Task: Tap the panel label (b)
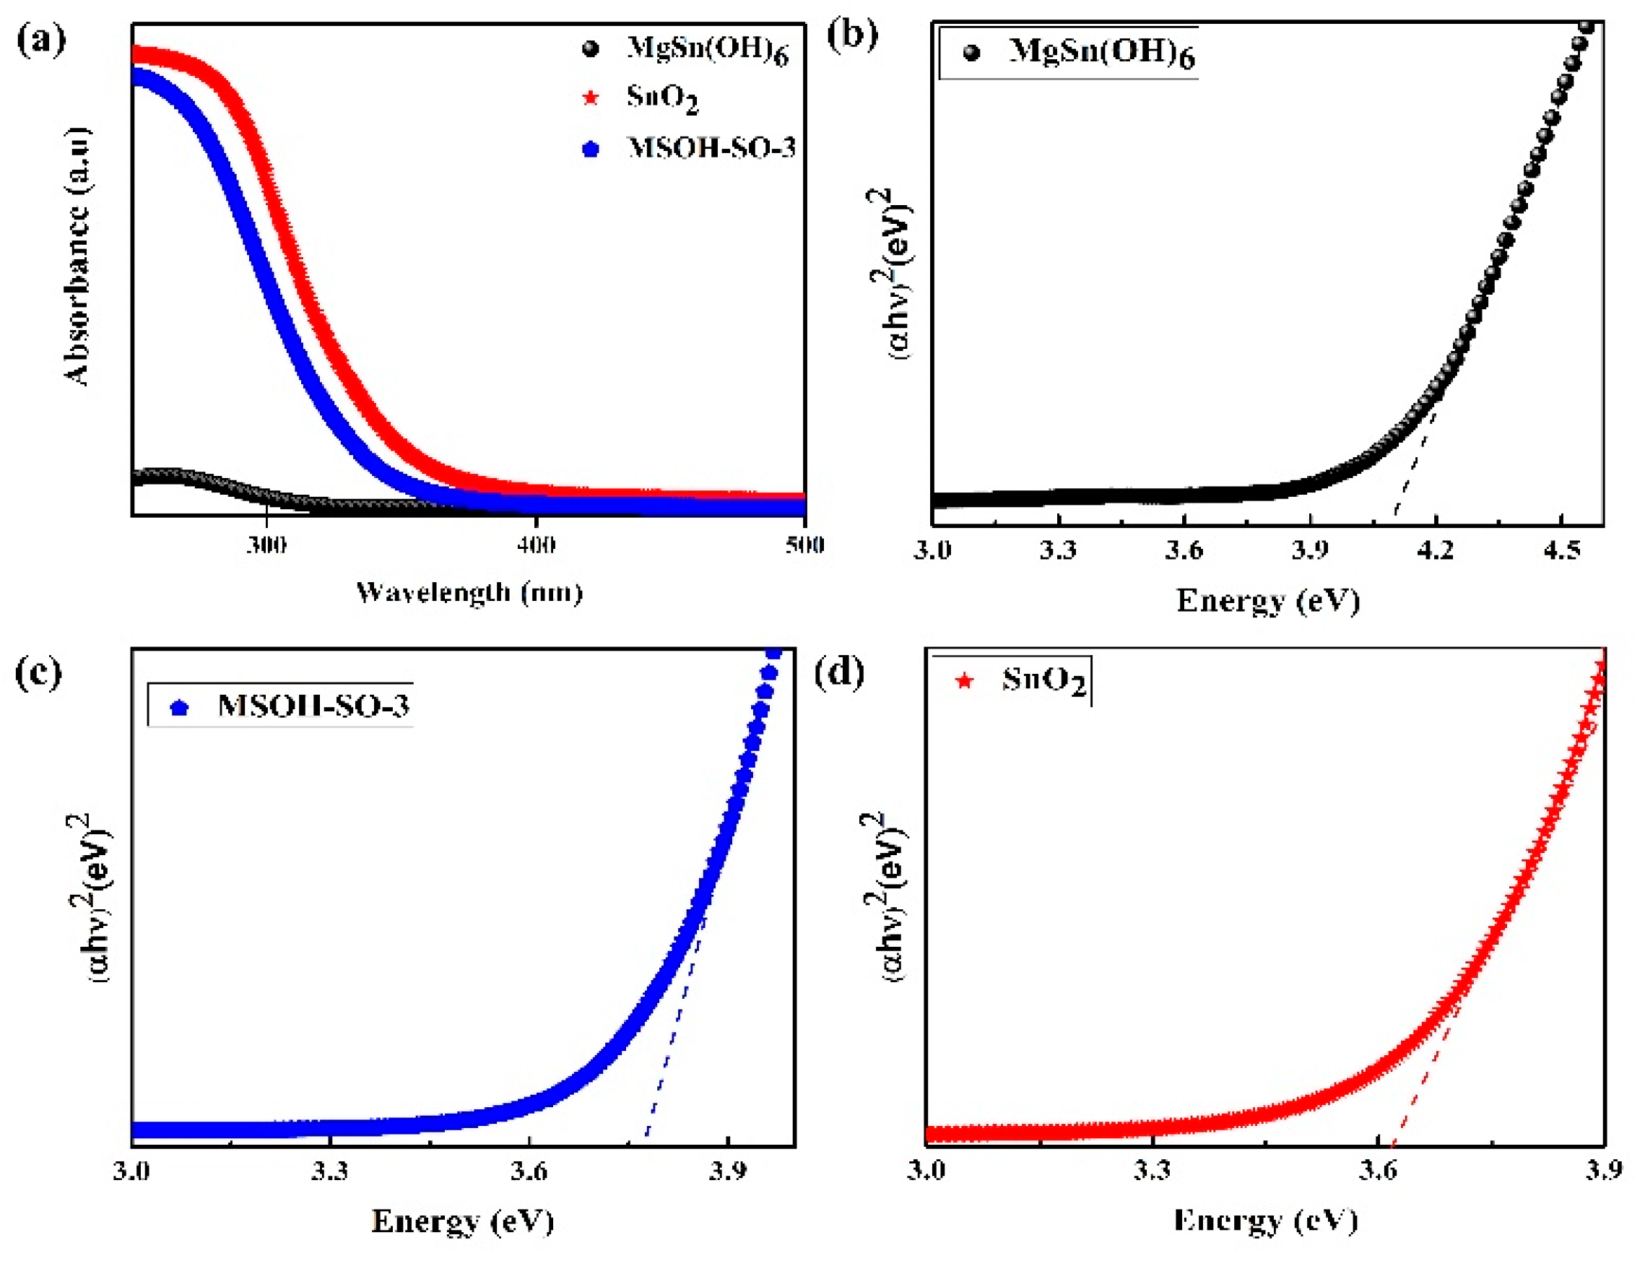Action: (852, 35)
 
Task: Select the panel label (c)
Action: (38, 672)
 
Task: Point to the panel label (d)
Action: (839, 671)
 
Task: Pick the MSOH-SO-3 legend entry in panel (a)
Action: (710, 148)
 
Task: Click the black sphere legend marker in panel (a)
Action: (591, 49)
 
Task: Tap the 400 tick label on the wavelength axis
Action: (536, 544)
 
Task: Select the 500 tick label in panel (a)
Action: (804, 544)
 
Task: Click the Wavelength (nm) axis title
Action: (469, 593)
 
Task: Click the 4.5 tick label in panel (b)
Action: (1562, 550)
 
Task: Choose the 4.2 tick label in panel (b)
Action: (1436, 550)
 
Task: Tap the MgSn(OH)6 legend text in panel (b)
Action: (1102, 52)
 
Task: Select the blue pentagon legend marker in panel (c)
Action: (179, 708)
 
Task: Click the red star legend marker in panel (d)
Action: (964, 682)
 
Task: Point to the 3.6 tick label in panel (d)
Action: (1378, 1169)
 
